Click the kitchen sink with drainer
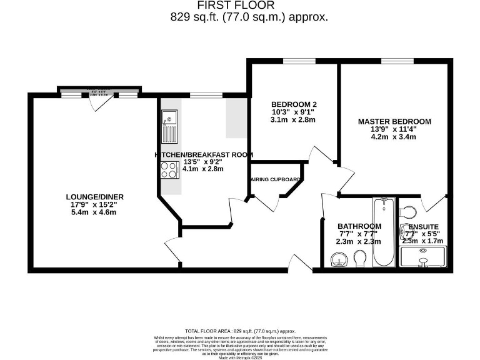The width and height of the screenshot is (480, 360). click(169, 127)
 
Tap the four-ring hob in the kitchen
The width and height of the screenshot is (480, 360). click(169, 169)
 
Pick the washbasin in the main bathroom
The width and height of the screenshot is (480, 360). click(339, 259)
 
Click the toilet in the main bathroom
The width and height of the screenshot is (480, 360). click(360, 258)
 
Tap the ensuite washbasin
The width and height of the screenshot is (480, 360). click(404, 233)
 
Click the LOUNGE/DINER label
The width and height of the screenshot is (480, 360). click(91, 197)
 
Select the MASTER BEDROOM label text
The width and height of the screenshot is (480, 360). click(394, 121)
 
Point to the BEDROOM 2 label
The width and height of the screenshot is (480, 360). click(294, 104)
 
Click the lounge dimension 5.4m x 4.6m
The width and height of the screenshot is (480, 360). click(91, 212)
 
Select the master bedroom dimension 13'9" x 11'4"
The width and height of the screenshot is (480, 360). click(394, 129)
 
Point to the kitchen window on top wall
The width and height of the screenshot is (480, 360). click(203, 96)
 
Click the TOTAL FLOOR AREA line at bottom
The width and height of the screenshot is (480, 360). click(240, 331)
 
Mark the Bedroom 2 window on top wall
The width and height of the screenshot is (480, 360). click(294, 61)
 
